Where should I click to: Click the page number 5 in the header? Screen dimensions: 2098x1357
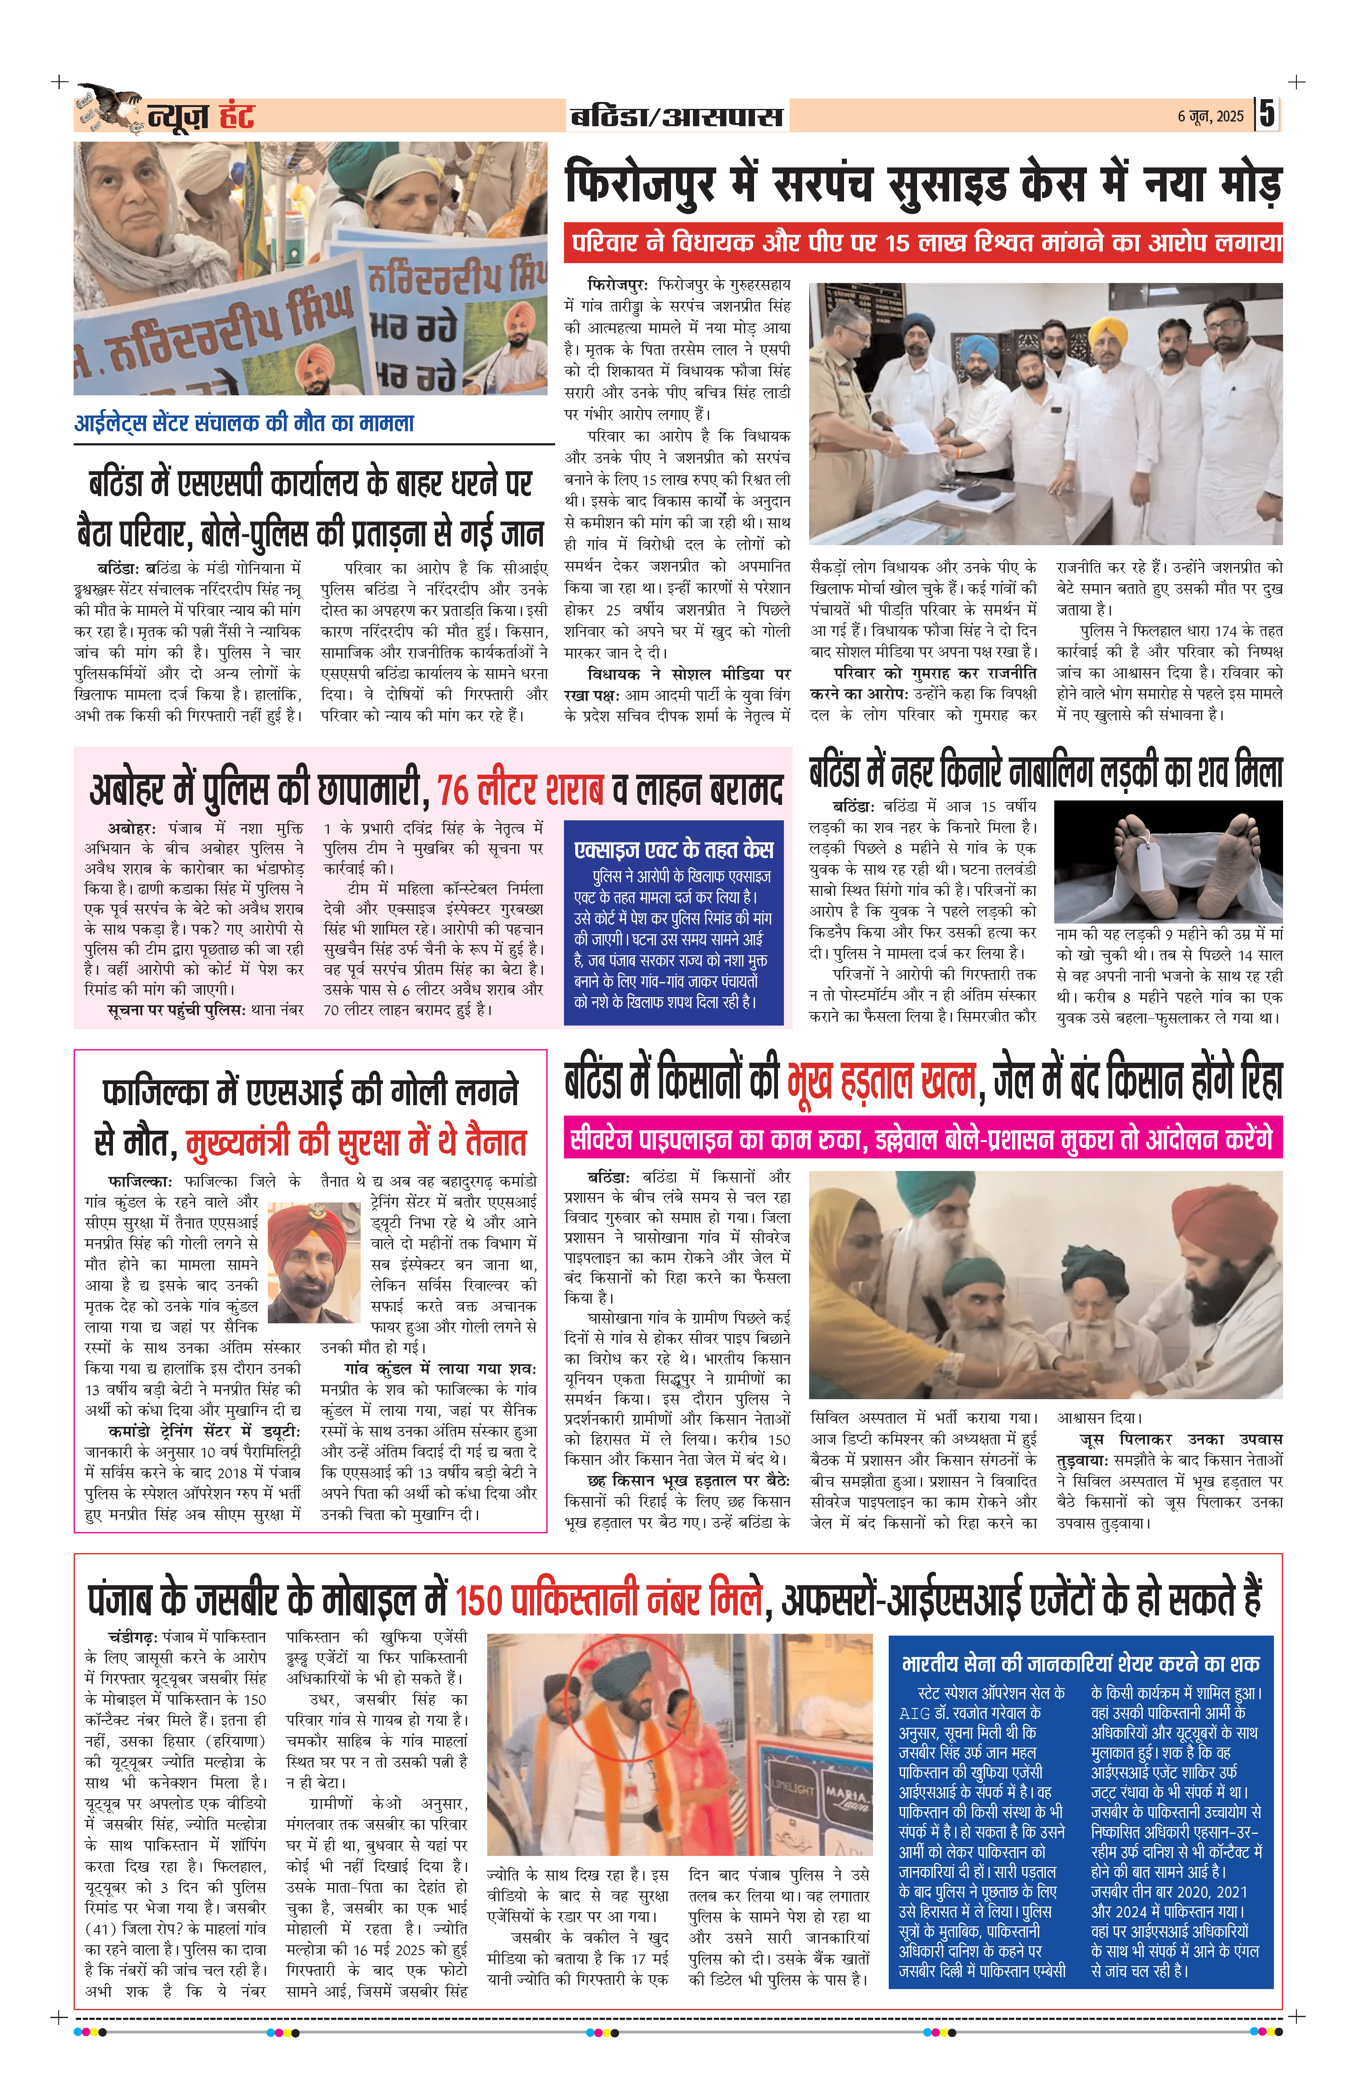pyautogui.click(x=1266, y=115)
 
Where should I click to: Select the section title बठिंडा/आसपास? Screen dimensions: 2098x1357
pyautogui.click(x=677, y=116)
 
